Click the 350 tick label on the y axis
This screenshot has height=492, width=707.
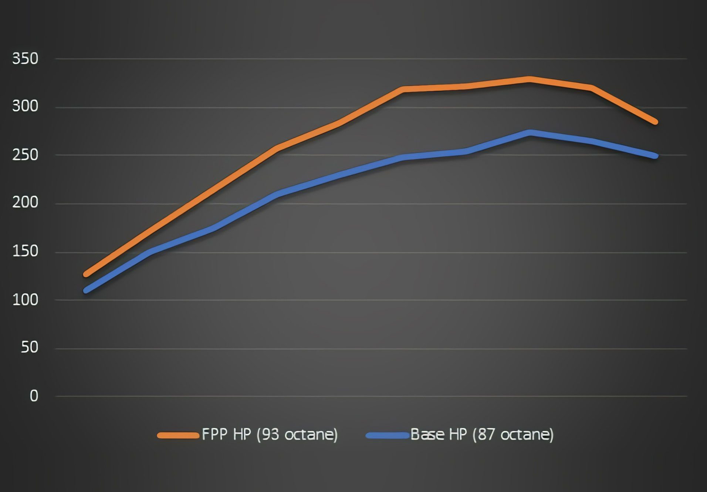(x=25, y=59)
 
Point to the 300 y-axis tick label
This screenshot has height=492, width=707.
(x=25, y=107)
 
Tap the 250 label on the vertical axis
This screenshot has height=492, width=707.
(x=25, y=155)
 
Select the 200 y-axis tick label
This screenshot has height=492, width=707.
(x=25, y=203)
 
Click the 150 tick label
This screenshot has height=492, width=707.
(x=25, y=252)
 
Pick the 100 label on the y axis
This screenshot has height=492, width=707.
(x=25, y=300)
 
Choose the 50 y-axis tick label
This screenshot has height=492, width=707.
(x=29, y=347)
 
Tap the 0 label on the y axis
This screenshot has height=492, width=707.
(x=34, y=396)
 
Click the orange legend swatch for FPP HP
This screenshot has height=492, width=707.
(x=178, y=435)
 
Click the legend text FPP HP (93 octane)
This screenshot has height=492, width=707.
(x=270, y=434)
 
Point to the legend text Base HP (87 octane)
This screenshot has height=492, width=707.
(x=482, y=434)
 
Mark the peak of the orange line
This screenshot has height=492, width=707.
(x=530, y=80)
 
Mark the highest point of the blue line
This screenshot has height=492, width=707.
(x=530, y=132)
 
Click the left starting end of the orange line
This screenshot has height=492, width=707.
(x=86, y=274)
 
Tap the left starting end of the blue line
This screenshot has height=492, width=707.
(x=86, y=290)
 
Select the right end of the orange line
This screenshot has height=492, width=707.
(x=655, y=122)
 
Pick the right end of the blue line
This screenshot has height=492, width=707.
(x=655, y=156)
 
